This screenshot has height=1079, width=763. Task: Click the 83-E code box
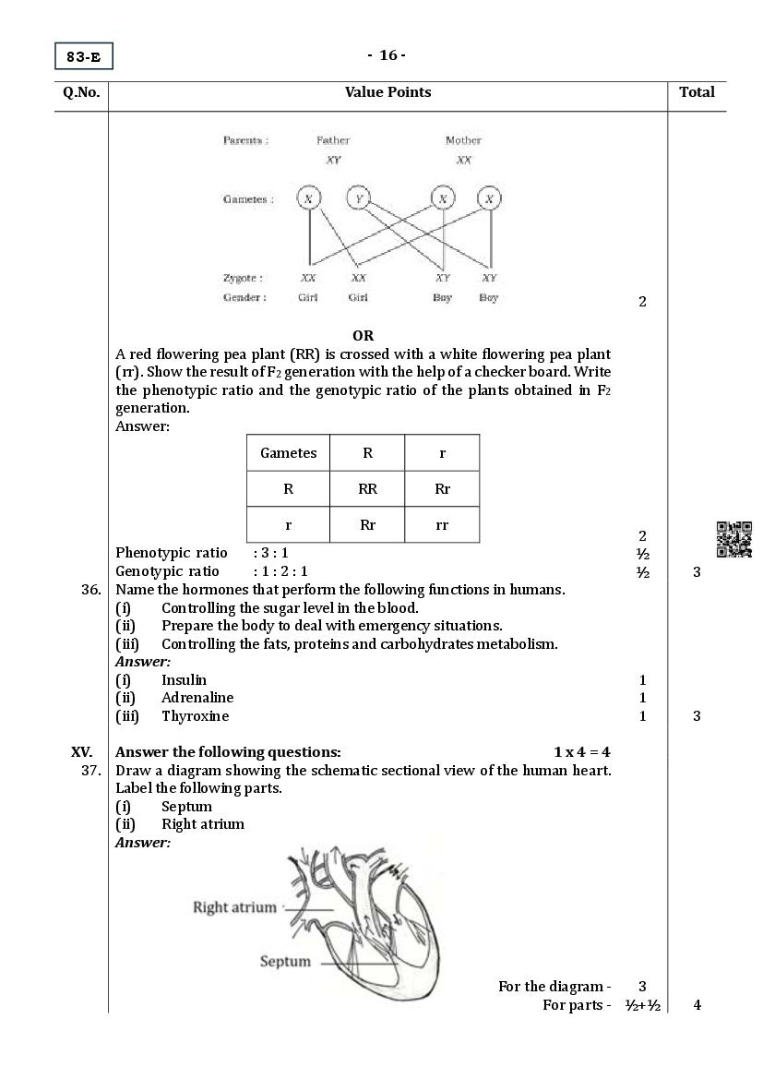click(x=83, y=57)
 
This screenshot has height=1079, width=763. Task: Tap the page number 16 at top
click(x=387, y=55)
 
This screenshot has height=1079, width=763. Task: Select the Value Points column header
click(x=387, y=92)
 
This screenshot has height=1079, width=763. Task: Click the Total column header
click(x=697, y=92)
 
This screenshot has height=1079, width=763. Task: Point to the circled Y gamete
click(x=358, y=198)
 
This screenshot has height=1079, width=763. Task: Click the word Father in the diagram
click(x=333, y=140)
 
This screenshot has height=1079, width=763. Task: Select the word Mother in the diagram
click(x=463, y=140)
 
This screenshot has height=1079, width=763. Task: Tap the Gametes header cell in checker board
click(x=288, y=452)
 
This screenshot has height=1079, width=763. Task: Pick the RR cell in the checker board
click(x=367, y=489)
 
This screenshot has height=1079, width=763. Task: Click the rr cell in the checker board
click(x=442, y=524)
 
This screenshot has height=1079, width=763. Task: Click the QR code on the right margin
click(x=734, y=540)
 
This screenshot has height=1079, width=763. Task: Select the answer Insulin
click(x=184, y=680)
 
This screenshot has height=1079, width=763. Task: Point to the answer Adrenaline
click(x=197, y=698)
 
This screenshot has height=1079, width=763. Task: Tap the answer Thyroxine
click(x=195, y=716)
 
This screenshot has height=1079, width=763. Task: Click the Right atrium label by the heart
click(x=234, y=907)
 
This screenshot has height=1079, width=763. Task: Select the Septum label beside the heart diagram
click(x=285, y=962)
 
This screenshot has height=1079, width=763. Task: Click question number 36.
click(x=90, y=590)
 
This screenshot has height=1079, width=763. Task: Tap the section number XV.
click(x=82, y=752)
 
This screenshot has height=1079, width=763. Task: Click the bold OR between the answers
click(x=363, y=336)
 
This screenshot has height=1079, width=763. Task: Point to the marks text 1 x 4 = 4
click(x=582, y=752)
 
